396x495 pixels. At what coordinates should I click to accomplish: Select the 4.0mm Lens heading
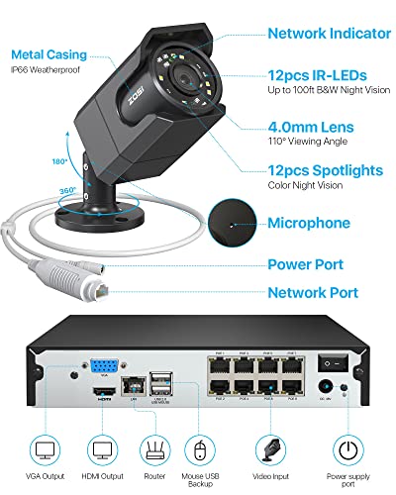pos(306,128)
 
